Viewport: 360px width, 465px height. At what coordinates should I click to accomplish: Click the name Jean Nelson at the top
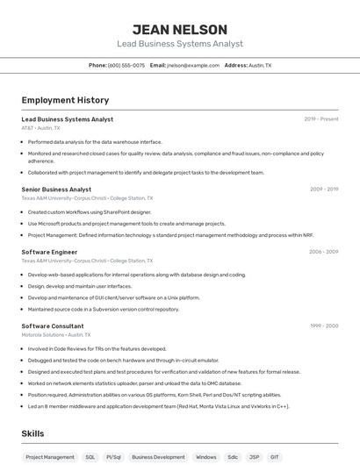click(180, 30)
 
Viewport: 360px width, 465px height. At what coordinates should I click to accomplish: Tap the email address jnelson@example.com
click(193, 65)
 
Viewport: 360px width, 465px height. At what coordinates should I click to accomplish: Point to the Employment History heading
click(65, 100)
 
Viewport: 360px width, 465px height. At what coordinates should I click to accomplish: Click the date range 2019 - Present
click(321, 118)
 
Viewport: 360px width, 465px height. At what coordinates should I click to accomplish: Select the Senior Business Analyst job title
click(56, 189)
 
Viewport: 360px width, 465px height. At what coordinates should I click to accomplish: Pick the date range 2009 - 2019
click(324, 189)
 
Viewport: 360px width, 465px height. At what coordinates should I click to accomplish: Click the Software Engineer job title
click(49, 252)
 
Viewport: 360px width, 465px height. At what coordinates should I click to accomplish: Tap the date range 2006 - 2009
click(323, 252)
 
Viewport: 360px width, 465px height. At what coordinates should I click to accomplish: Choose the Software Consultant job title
click(53, 325)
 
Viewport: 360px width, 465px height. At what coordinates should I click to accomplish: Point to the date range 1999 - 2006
click(324, 325)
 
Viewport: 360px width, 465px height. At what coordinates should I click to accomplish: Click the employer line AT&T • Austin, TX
click(43, 127)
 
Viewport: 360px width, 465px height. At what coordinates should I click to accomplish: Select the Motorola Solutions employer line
click(54, 334)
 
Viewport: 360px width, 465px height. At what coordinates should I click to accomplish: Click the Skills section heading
click(33, 434)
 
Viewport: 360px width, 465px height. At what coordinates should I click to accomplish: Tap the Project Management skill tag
click(50, 457)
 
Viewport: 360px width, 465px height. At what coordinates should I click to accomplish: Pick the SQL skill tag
click(90, 457)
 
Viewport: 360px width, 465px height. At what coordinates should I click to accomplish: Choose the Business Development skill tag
click(158, 457)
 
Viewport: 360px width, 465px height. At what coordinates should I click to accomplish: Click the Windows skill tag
click(206, 457)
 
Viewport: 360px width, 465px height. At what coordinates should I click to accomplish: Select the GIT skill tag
click(275, 457)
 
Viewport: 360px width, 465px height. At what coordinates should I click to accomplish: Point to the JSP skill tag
click(254, 457)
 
